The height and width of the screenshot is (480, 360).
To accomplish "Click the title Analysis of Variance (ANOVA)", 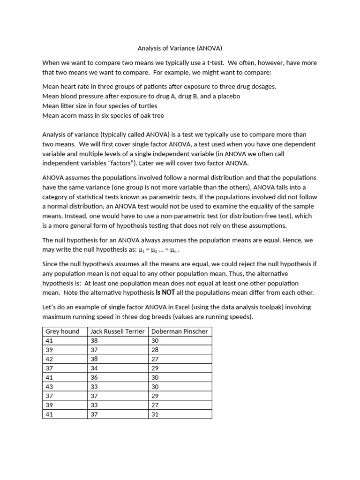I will [x=180, y=48].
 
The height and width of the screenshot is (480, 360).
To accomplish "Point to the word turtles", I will [x=145, y=106].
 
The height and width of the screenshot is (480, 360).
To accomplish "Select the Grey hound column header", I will [x=62, y=331].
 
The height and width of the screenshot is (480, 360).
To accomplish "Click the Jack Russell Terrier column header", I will [x=118, y=331].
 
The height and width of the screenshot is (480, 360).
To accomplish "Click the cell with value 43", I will [x=50, y=387].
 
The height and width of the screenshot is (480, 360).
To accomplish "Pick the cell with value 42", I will [x=50, y=359].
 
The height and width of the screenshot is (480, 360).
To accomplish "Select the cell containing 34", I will [x=94, y=368].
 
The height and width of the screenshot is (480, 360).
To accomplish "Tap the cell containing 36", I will [x=94, y=377].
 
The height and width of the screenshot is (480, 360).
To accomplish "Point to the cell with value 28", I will [x=155, y=350].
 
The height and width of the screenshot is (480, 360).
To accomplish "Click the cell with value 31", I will [x=155, y=414].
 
